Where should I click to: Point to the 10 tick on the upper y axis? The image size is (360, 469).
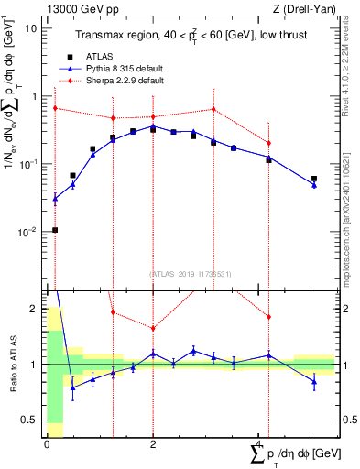pos(31,28)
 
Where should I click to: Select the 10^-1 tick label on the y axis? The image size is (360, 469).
pos(27,164)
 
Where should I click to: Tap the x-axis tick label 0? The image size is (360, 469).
pos(48,444)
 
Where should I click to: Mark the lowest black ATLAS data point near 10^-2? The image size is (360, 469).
pos(55,230)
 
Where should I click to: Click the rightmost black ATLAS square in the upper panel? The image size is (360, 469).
pos(314,180)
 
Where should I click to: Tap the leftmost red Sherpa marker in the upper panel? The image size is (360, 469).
pos(55,108)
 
